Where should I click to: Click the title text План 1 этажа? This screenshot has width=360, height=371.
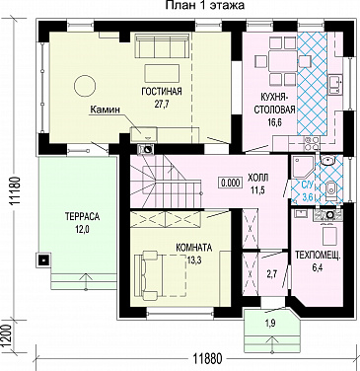204,5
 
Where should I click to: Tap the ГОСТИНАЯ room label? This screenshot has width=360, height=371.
162,91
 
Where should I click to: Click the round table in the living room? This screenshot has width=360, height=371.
85,86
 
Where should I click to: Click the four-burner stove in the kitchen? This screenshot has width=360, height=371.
312,142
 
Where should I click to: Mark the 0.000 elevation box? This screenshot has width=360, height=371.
230,183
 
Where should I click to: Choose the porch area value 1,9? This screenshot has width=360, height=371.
271,324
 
